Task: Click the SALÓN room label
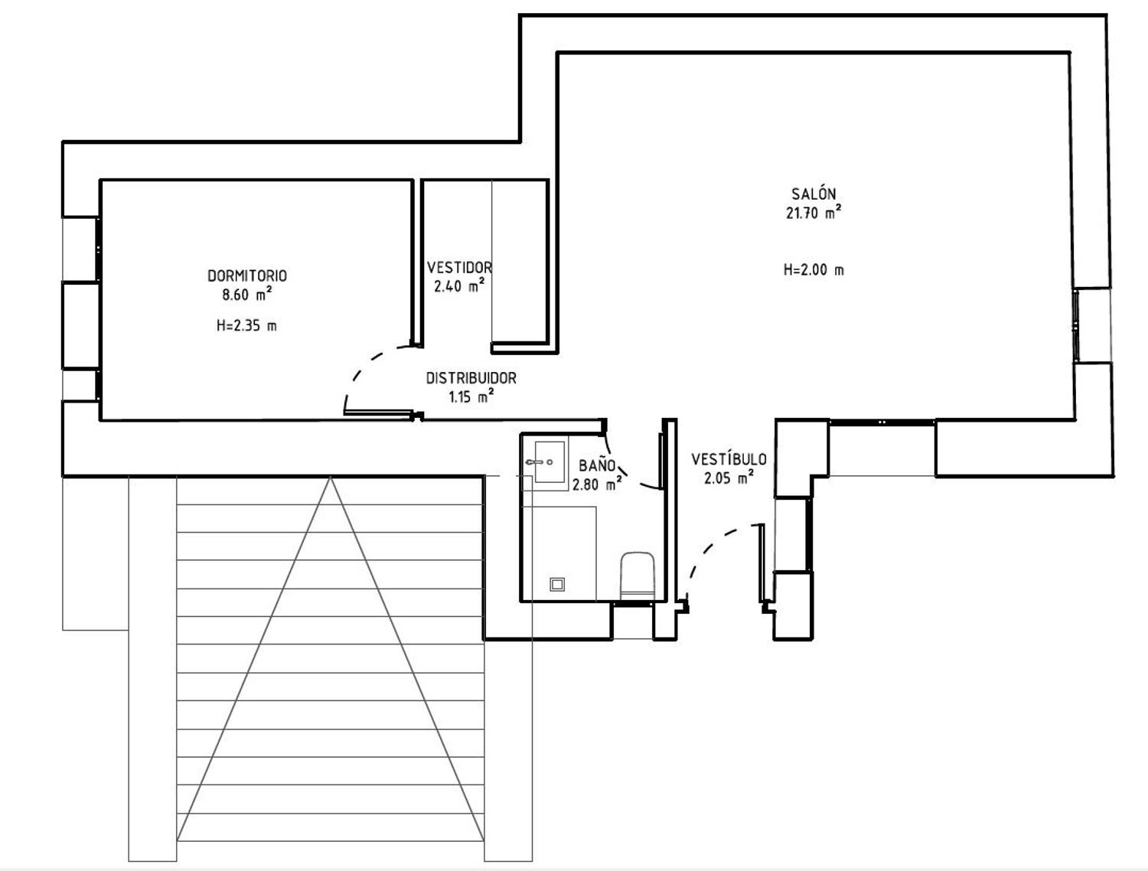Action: (x=814, y=194)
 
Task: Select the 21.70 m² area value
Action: (x=814, y=214)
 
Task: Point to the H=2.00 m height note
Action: (x=814, y=270)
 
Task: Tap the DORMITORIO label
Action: (x=247, y=276)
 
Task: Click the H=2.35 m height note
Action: (x=247, y=326)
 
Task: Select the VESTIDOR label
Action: (x=459, y=268)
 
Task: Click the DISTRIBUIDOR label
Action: (x=471, y=378)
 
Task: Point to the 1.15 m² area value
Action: (x=471, y=397)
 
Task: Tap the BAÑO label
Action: (x=597, y=465)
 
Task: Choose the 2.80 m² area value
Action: (x=597, y=484)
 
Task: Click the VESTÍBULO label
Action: (x=729, y=459)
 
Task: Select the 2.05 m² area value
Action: (x=729, y=478)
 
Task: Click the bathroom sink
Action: (x=549, y=462)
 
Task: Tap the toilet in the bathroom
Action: (x=638, y=574)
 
